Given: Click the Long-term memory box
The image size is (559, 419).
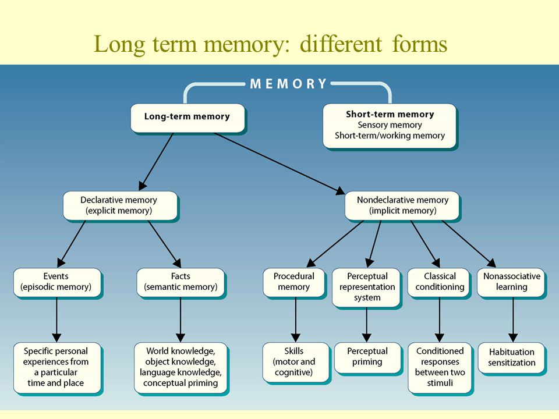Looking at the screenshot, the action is pyautogui.click(x=188, y=118).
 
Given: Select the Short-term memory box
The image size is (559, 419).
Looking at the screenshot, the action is pyautogui.click(x=390, y=126).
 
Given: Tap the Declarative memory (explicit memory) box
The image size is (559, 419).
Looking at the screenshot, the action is pyautogui.click(x=120, y=206).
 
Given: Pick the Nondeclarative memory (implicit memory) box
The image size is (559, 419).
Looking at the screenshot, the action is pyautogui.click(x=402, y=206).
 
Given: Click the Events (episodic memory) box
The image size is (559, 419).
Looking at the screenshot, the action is pyautogui.click(x=58, y=283).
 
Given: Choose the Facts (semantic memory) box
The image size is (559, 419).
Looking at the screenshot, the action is pyautogui.click(x=181, y=283).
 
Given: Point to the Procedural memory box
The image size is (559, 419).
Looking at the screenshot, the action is pyautogui.click(x=294, y=283).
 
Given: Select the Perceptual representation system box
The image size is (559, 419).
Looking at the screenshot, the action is pyautogui.click(x=367, y=288).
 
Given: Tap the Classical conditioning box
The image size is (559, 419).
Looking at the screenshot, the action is pyautogui.click(x=440, y=283).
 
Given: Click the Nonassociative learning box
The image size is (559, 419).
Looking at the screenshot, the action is pyautogui.click(x=511, y=283).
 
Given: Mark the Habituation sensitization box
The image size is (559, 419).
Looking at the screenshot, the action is pyautogui.click(x=512, y=358).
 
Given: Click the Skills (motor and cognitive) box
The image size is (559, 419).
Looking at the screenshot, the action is pyautogui.click(x=295, y=363).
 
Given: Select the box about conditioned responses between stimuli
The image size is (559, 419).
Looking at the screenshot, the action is pyautogui.click(x=440, y=368).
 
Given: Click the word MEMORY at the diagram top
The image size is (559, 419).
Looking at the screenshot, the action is pyautogui.click(x=288, y=84).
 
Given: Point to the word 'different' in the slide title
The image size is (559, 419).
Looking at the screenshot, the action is pyautogui.click(x=341, y=44).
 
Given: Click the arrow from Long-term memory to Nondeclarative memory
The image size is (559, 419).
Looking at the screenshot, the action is pyautogui.click(x=279, y=164).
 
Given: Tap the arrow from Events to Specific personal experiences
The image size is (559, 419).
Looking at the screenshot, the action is pyautogui.click(x=56, y=319).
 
